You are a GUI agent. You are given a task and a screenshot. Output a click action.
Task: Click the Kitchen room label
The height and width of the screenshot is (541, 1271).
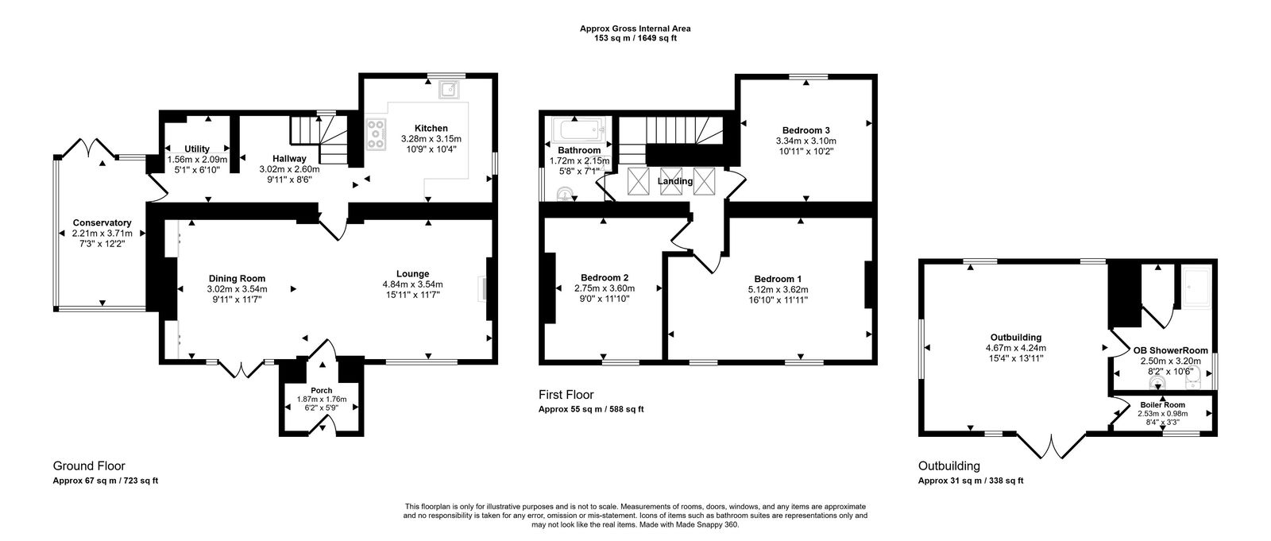tap(431, 129)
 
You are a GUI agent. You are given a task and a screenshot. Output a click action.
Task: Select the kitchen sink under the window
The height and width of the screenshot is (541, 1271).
tap(450, 87)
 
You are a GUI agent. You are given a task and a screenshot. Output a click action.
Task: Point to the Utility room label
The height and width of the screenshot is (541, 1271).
tap(196, 149)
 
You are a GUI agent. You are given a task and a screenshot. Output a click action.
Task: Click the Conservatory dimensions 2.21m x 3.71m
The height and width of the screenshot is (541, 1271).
tap(102, 234)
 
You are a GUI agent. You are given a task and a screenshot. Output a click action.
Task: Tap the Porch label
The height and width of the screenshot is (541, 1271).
tap(322, 390)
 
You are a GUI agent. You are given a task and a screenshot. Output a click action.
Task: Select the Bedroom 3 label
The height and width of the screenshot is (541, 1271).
tap(805, 130)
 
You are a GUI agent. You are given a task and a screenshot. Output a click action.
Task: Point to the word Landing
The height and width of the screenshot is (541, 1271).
tap(675, 181)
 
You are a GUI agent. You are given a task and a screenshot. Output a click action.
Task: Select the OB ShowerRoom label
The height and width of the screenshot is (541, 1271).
tap(1170, 350)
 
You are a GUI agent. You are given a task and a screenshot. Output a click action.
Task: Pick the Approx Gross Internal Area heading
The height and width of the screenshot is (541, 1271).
tap(635, 29)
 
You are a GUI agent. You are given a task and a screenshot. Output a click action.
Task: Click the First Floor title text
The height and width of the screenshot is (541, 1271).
tap(566, 395)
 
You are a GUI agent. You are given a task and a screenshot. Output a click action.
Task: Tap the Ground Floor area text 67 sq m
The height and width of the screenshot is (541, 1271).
tap(99, 481)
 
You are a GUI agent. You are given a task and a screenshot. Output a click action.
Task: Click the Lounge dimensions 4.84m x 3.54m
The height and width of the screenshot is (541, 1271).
tap(412, 284)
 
